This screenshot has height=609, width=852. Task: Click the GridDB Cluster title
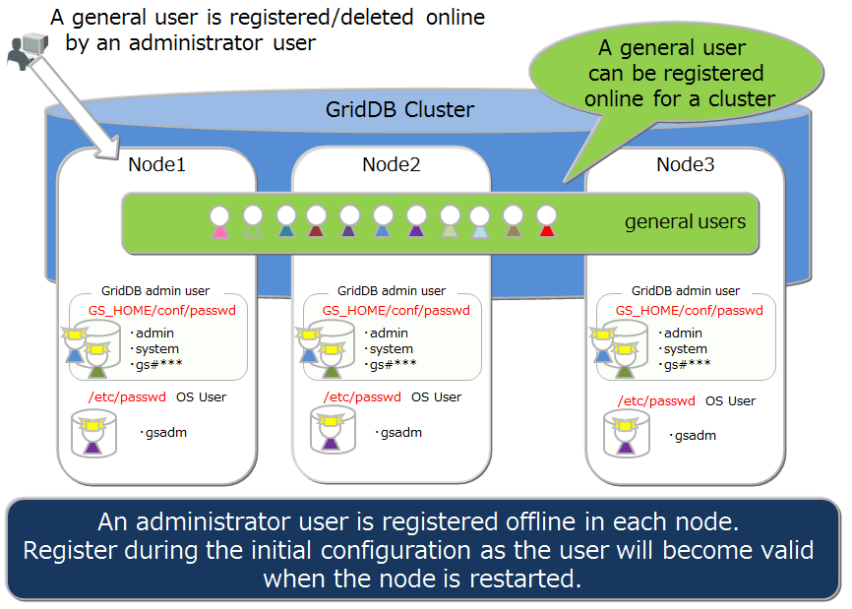tap(399, 109)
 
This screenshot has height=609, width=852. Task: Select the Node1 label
tap(156, 164)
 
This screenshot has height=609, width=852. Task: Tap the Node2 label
tap(391, 164)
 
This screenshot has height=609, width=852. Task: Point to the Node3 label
tap(685, 164)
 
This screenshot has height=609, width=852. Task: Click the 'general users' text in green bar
tap(685, 222)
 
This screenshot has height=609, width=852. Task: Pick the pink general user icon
tap(219, 222)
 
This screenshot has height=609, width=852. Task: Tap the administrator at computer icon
tap(27, 50)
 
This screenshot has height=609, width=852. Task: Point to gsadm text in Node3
tap(694, 436)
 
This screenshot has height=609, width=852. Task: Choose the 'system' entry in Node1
tap(157, 349)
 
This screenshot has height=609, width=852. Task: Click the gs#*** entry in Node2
tap(393, 365)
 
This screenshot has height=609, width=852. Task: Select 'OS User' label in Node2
tap(436, 397)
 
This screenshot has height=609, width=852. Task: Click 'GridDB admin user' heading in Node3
tap(686, 291)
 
